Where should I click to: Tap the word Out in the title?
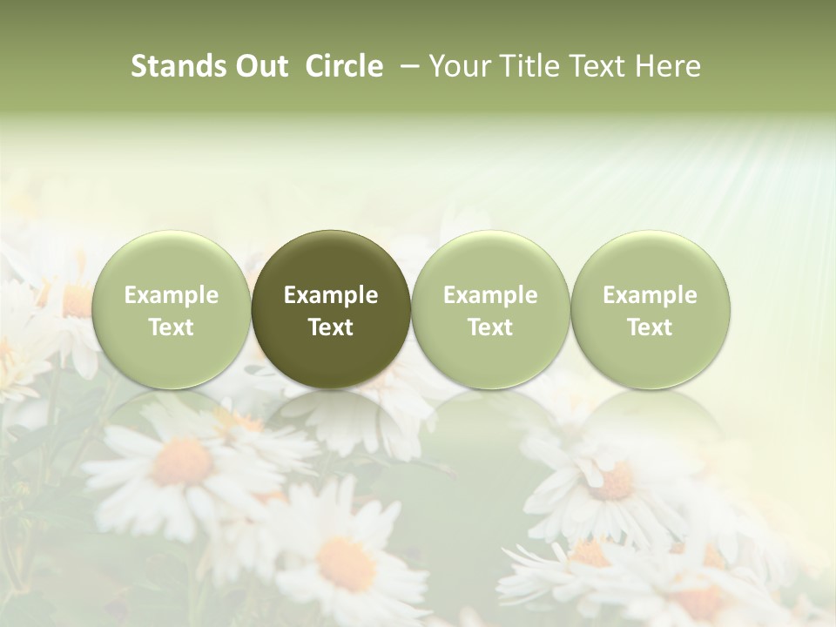pos(260,66)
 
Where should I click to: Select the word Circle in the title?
pos(344,66)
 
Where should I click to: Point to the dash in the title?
pos(408,66)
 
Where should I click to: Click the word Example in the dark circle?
pos(331,295)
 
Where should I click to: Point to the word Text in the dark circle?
pos(331,327)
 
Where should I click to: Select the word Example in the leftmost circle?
pos(172,295)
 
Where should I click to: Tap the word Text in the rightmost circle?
pos(651,327)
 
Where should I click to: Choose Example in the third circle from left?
pos(490,295)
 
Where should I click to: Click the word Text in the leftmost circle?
pos(172,327)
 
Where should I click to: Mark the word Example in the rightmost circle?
pos(651,295)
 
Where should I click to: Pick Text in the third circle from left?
pos(490,327)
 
